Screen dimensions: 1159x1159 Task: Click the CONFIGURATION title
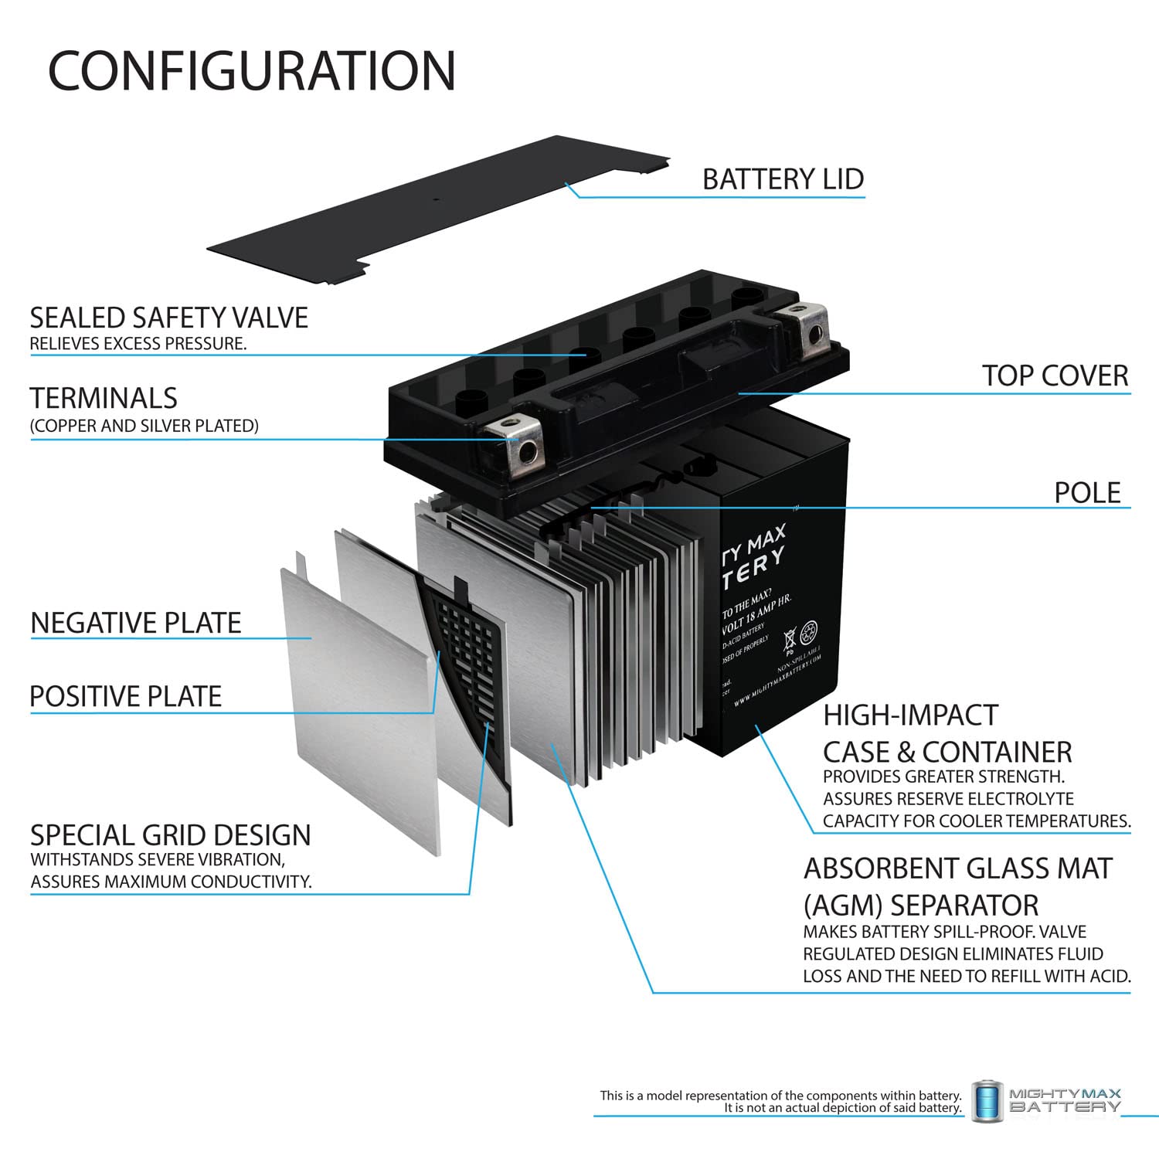tap(252, 71)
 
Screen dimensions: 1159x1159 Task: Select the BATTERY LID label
tap(782, 179)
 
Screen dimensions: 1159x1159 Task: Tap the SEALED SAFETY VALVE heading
tap(168, 318)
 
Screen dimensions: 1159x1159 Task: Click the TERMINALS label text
tap(104, 398)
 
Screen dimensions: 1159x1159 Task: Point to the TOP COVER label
tap(1055, 376)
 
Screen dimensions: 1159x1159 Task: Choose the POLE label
tap(1086, 492)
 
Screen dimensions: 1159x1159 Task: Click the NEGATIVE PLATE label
tap(136, 623)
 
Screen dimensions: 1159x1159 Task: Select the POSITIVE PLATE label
tap(126, 696)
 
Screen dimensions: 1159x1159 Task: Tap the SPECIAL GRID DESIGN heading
tap(170, 835)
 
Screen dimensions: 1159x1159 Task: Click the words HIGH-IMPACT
tap(910, 715)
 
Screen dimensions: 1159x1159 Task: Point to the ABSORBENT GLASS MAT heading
tap(957, 868)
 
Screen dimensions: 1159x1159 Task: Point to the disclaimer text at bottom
tap(780, 1101)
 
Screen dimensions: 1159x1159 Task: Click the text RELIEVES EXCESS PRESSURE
tap(138, 344)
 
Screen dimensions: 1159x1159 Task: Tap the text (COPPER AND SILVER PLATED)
tap(144, 426)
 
